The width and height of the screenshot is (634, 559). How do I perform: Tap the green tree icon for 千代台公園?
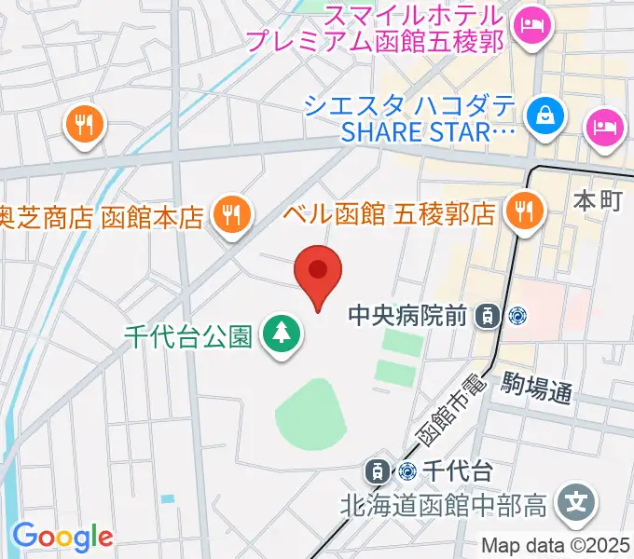(280, 333)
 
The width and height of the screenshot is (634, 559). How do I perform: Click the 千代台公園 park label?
(186, 334)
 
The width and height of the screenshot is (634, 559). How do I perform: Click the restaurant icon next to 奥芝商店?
(229, 216)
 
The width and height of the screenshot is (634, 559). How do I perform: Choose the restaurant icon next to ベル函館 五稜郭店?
(524, 212)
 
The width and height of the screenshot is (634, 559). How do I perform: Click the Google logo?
(62, 537)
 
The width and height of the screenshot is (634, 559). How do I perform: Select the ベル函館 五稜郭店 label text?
(389, 214)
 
